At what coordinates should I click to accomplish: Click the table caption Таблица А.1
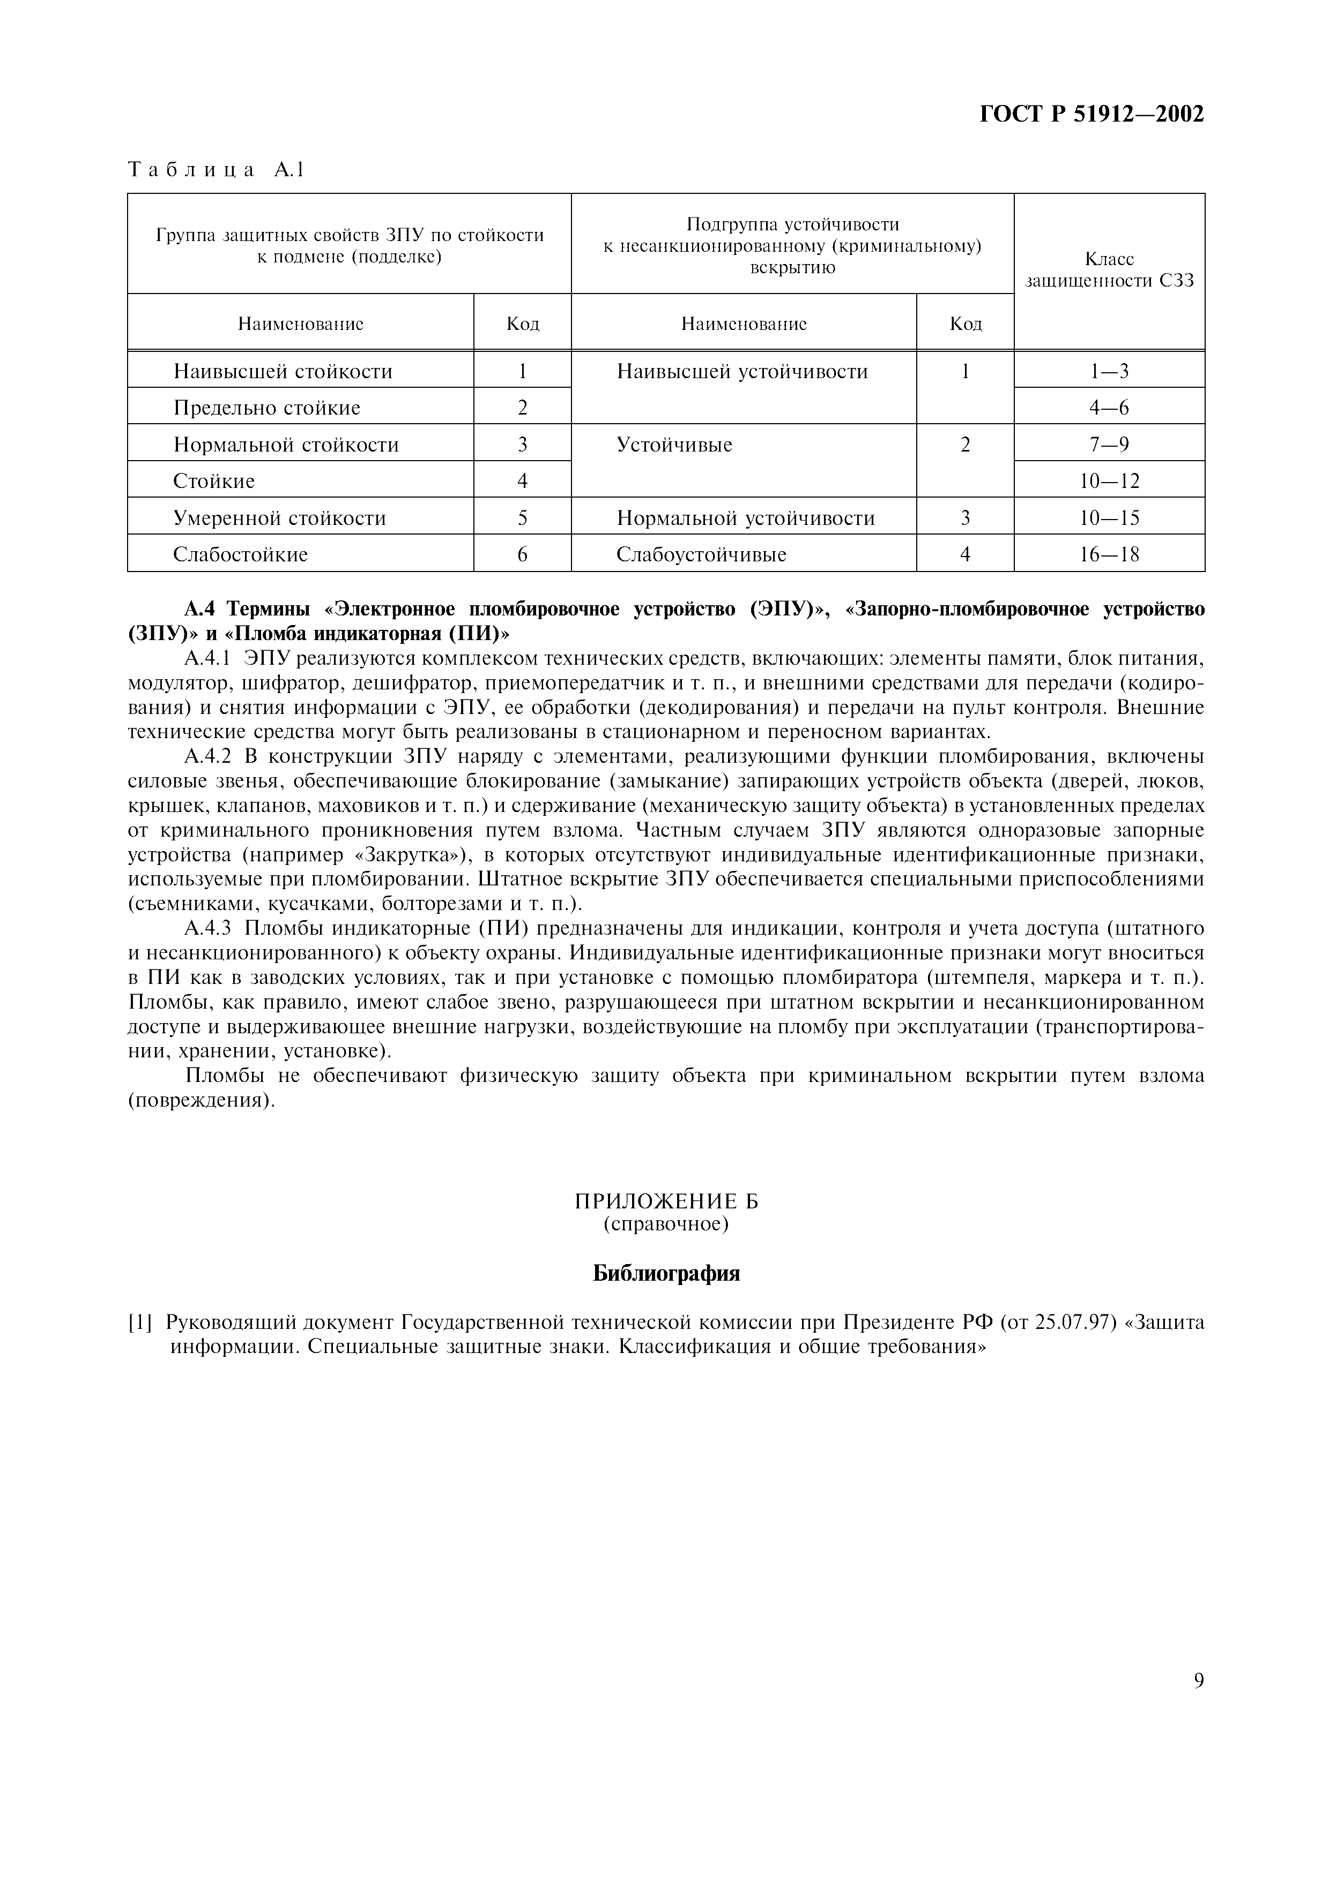pyautogui.click(x=216, y=170)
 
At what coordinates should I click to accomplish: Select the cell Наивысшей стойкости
pyautogui.click(x=283, y=372)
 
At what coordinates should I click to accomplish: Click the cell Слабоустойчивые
pyautogui.click(x=701, y=555)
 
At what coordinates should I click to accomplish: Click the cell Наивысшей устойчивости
pyautogui.click(x=742, y=372)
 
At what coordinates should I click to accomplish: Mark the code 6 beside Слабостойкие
pyautogui.click(x=522, y=555)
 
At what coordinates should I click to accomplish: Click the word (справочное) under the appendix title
pyautogui.click(x=666, y=1224)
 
